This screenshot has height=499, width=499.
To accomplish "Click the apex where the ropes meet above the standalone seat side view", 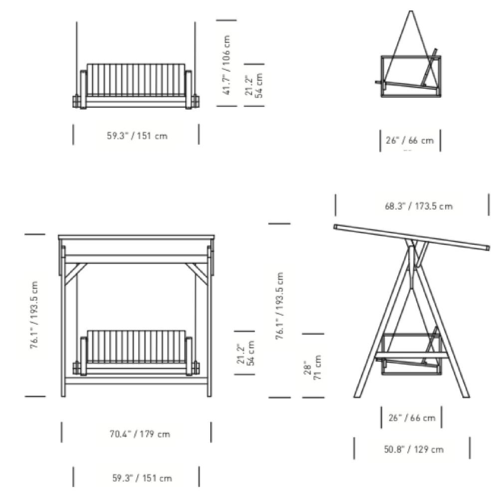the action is [x=411, y=11].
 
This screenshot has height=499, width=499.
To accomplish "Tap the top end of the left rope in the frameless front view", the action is [x=76, y=22].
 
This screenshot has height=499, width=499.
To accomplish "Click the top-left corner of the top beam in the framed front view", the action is [x=58, y=236].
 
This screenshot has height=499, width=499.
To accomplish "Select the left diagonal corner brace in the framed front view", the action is [x=76, y=273].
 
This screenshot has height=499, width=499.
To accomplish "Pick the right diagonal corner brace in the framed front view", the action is [x=197, y=273].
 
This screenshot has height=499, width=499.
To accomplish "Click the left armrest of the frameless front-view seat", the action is [x=83, y=90].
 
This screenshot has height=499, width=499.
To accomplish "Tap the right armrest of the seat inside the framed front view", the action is [x=189, y=356].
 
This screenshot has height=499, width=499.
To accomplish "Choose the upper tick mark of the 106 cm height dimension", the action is [x=227, y=20].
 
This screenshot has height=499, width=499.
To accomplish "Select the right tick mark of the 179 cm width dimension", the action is [x=211, y=432].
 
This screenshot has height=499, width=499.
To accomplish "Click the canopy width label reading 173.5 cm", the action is [x=419, y=206].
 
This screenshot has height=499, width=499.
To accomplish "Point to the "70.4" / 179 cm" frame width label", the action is [x=140, y=434].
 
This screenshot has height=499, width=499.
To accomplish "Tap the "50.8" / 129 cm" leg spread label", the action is [x=414, y=450].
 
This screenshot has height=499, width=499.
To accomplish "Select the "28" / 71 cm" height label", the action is [x=313, y=368].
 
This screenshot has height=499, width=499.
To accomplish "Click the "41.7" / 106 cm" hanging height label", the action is [x=227, y=64].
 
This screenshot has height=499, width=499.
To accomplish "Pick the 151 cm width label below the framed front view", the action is [x=142, y=478].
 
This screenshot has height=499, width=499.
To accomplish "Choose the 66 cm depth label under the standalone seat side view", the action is [x=410, y=140].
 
